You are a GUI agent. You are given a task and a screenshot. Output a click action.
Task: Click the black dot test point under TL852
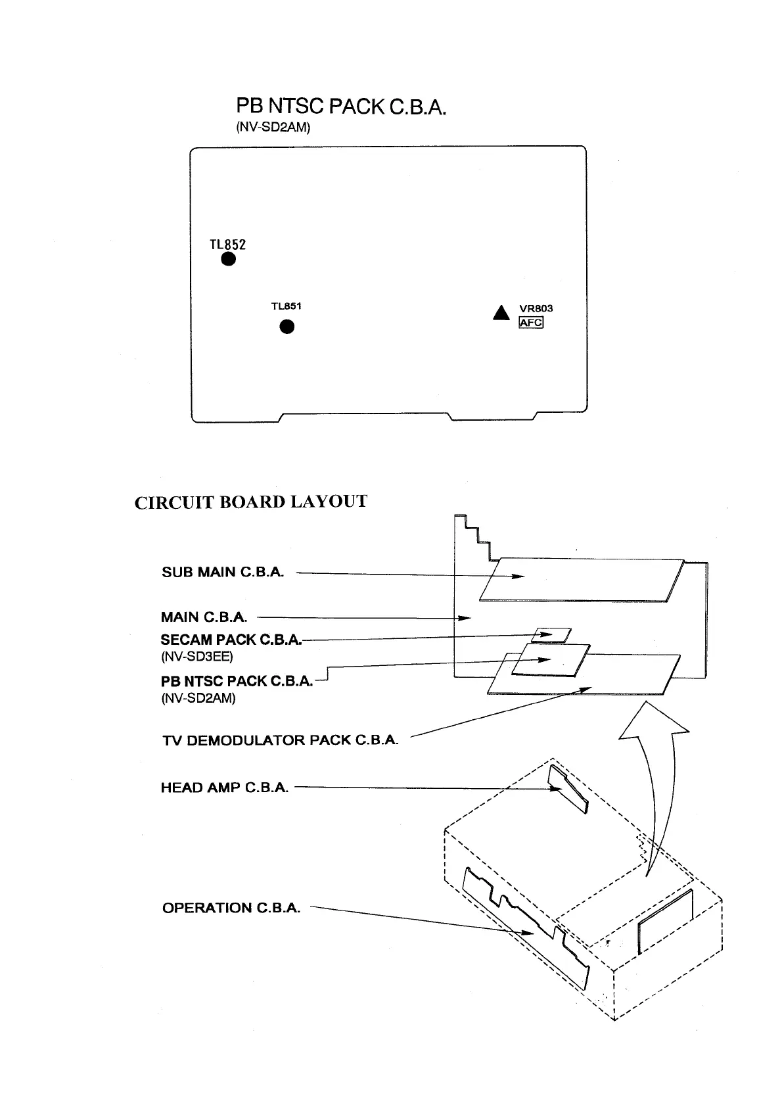(x=227, y=259)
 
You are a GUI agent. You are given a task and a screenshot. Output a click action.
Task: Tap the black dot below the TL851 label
(x=287, y=327)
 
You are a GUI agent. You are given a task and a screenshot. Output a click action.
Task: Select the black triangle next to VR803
(x=501, y=314)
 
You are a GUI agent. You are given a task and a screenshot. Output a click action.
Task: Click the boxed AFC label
(x=531, y=322)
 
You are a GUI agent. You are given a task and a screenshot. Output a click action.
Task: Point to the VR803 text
(x=536, y=308)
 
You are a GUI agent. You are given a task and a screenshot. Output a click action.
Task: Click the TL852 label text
(x=227, y=244)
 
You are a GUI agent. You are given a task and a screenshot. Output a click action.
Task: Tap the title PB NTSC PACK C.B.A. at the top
(x=341, y=106)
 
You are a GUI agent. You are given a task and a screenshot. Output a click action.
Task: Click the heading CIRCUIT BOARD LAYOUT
(x=250, y=502)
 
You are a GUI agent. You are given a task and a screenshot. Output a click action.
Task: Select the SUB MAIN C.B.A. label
(x=223, y=572)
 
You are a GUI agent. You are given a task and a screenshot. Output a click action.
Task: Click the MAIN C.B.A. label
(x=204, y=617)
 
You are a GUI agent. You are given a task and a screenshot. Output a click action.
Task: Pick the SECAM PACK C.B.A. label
(x=231, y=640)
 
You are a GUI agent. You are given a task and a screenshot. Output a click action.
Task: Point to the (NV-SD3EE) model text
(x=196, y=656)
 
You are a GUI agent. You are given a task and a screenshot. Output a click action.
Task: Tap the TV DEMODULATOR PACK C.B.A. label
(x=280, y=740)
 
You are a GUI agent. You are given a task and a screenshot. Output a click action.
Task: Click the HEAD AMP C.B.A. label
(x=225, y=788)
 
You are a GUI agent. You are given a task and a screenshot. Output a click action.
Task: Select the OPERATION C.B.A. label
(x=231, y=908)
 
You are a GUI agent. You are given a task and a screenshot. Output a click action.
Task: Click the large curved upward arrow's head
(x=653, y=720)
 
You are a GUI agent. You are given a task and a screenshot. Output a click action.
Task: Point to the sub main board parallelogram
(x=582, y=580)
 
